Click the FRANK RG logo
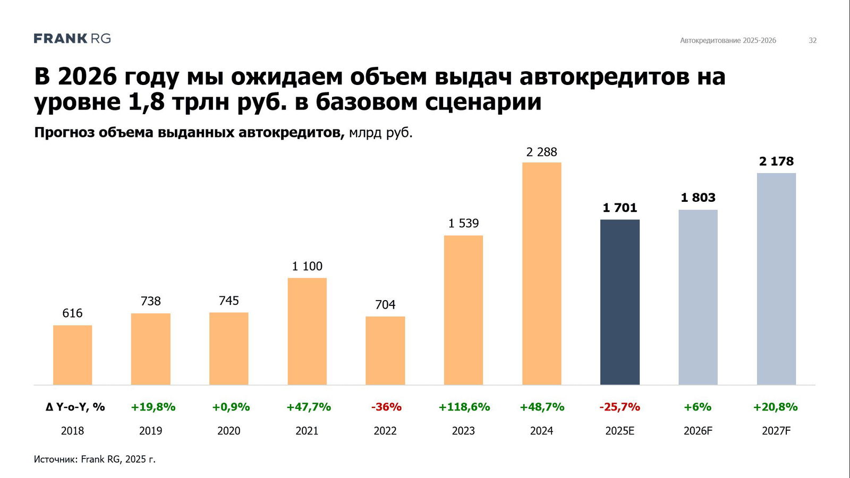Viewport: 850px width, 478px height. tap(72, 39)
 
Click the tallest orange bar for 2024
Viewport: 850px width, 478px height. tap(541, 274)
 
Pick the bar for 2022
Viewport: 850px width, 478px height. tap(385, 351)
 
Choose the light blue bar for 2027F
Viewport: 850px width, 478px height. tap(776, 279)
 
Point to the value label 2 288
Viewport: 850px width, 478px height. tap(541, 152)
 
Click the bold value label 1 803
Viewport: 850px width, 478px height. tap(698, 198)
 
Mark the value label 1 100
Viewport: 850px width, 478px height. tap(307, 266)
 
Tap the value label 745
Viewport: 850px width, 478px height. tap(229, 301)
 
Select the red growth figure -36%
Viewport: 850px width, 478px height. tap(386, 407)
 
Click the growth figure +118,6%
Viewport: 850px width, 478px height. tap(464, 407)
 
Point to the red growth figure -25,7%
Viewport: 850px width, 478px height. tap(619, 407)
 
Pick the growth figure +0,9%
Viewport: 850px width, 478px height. tap(231, 407)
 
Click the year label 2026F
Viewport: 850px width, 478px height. tap(698, 431)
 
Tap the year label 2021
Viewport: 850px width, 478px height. tap(307, 431)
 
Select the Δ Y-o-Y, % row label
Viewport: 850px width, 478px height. tap(75, 407)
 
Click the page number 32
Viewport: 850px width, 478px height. tap(812, 40)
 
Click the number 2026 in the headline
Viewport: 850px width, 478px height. tap(87, 77)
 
